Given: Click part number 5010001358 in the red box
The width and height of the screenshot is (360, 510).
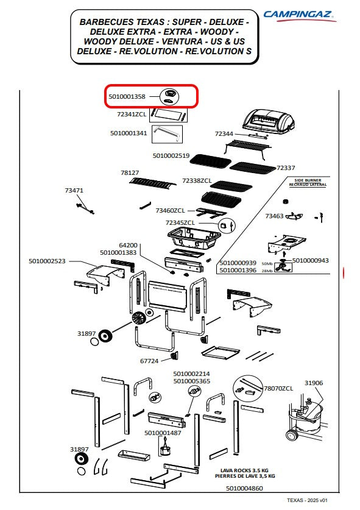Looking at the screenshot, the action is (x=127, y=97).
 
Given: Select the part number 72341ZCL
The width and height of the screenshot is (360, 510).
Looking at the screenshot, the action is (x=132, y=114).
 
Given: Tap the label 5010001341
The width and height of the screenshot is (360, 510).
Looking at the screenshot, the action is (x=129, y=133).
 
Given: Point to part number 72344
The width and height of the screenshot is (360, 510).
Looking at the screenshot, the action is (x=224, y=133).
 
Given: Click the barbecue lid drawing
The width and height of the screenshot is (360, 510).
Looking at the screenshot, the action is (x=269, y=121).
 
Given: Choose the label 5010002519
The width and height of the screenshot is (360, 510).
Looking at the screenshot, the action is (x=171, y=156).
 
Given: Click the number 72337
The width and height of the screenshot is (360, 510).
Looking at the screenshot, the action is (x=286, y=168).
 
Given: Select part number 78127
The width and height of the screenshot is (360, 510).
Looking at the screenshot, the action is (x=130, y=172).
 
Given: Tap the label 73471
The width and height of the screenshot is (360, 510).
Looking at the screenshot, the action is (x=74, y=190).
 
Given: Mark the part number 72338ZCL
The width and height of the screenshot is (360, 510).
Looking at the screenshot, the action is (x=197, y=180).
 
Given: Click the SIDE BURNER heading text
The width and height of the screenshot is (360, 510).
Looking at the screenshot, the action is (x=308, y=180).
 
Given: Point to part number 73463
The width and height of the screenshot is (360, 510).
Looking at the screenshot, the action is (x=274, y=216).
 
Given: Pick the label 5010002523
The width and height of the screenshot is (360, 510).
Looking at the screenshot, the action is (x=47, y=261).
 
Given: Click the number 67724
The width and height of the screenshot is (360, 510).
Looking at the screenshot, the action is (x=149, y=361).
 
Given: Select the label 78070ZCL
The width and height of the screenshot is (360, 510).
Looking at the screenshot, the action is (x=278, y=388).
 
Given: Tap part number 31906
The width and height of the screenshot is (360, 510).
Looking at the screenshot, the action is (x=314, y=383).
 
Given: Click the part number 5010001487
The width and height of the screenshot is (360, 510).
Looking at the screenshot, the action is (x=163, y=433).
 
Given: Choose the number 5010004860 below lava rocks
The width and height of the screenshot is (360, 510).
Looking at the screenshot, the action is (x=244, y=488).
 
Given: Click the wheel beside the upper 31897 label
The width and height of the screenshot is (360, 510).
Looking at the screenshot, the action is (x=105, y=336).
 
